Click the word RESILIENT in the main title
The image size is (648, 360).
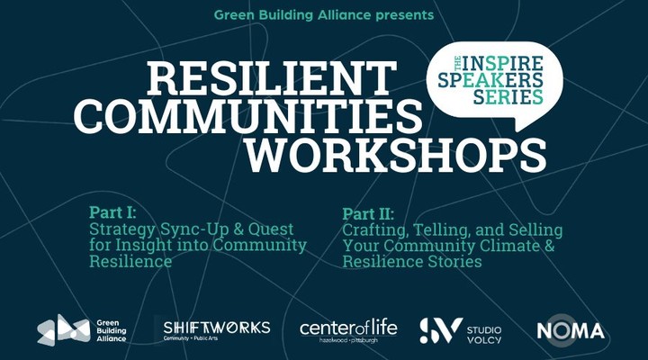(x=272, y=78)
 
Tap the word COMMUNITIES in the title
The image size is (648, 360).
(x=248, y=116)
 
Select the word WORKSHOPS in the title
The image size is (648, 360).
(x=396, y=155)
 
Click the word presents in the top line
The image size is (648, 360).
(x=405, y=15)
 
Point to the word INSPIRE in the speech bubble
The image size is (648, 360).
(x=502, y=63)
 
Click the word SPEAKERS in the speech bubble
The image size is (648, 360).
(x=490, y=80)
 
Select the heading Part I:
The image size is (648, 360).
(x=112, y=212)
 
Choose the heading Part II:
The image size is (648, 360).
(x=368, y=213)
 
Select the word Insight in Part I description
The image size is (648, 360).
(x=143, y=246)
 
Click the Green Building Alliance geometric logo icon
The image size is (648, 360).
(x=64, y=329)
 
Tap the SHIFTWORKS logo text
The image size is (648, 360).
(x=217, y=328)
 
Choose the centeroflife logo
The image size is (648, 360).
(x=348, y=329)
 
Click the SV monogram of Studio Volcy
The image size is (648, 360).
(x=441, y=330)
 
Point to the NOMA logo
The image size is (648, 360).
(x=571, y=331)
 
